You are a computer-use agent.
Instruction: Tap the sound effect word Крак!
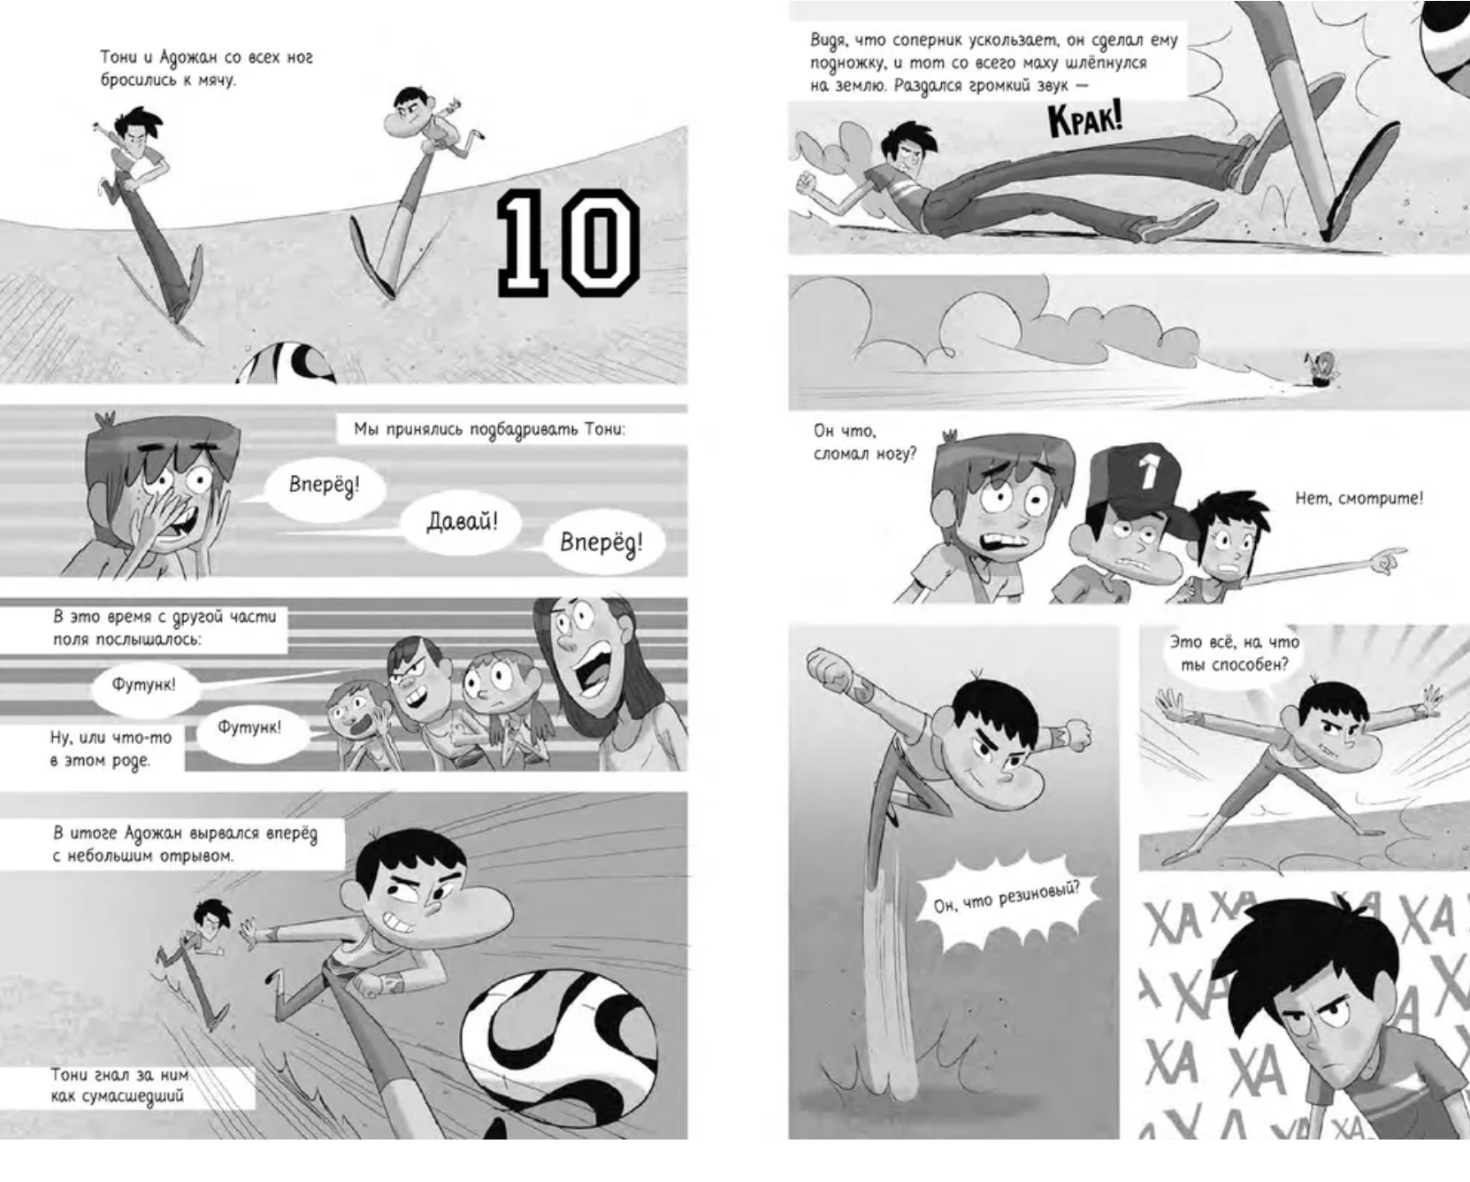(x=1084, y=120)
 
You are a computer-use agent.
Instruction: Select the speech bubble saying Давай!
(x=462, y=522)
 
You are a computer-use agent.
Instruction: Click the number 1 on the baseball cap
(x=1148, y=472)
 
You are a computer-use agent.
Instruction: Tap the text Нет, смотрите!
(x=1359, y=499)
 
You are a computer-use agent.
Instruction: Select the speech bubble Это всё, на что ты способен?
(x=1235, y=653)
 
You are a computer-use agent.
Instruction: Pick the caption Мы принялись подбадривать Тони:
(x=489, y=430)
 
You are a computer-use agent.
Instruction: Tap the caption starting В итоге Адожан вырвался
(x=185, y=844)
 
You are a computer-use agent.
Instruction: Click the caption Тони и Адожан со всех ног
(x=206, y=68)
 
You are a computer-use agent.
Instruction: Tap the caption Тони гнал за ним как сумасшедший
(x=119, y=1086)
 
